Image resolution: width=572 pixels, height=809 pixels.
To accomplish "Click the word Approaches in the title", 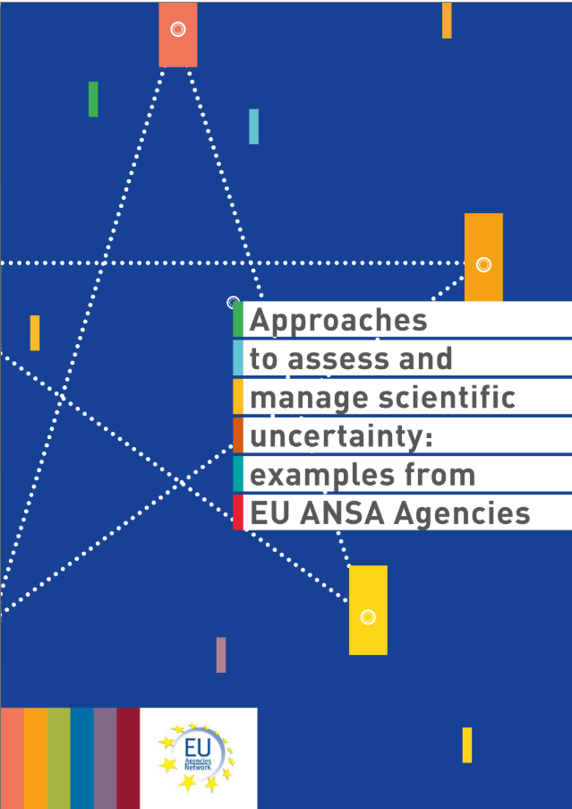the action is pos(338,321).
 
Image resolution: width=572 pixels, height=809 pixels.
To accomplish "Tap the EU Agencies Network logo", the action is pos(196,756).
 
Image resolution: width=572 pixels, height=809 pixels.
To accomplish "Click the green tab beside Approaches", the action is pos(238,319).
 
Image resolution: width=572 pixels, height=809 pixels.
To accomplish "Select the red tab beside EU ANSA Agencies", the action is pos(238,512).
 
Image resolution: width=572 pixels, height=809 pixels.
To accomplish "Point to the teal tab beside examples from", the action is pos(238,474).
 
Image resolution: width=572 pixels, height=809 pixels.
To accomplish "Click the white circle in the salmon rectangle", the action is pos(178,30).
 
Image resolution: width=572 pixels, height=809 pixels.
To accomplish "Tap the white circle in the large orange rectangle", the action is pos(483,264).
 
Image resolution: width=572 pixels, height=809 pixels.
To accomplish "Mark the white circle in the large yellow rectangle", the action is pos(368,617).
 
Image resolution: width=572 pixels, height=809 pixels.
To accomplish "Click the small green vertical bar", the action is pos(93,99).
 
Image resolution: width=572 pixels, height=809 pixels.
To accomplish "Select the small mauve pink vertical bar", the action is pos(221,655).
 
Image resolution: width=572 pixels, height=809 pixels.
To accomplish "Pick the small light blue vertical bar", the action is pos(253,126).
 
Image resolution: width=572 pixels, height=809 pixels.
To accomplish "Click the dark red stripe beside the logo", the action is pos(128,758).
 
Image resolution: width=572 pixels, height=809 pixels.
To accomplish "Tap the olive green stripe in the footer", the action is pos(59,758).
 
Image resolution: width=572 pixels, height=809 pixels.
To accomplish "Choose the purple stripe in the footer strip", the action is pos(105,758).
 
